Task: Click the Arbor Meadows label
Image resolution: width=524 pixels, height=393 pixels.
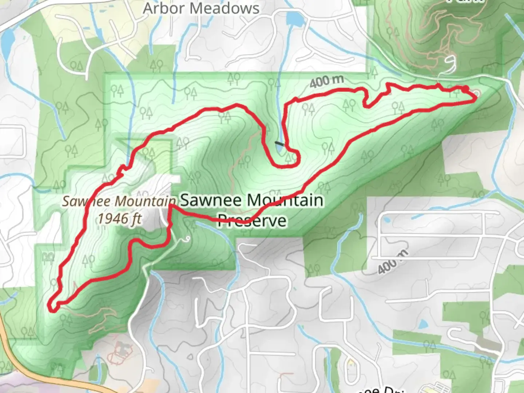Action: point(201,8)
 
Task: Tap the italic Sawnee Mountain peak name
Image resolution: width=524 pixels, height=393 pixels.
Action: point(119,201)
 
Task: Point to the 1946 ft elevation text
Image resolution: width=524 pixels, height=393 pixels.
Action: point(119,219)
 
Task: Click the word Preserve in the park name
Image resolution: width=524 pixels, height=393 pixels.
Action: point(252,221)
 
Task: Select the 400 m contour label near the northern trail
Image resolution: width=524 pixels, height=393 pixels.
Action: point(326,82)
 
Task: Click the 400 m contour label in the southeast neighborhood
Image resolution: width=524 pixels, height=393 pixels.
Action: point(393,262)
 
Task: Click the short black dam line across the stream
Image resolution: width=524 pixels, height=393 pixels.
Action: point(279,144)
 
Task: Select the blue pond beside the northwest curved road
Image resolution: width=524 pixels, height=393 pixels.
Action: point(7,42)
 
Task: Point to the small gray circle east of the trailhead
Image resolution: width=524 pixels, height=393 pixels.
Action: point(476,94)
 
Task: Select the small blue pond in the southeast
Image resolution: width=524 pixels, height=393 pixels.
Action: point(424,323)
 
